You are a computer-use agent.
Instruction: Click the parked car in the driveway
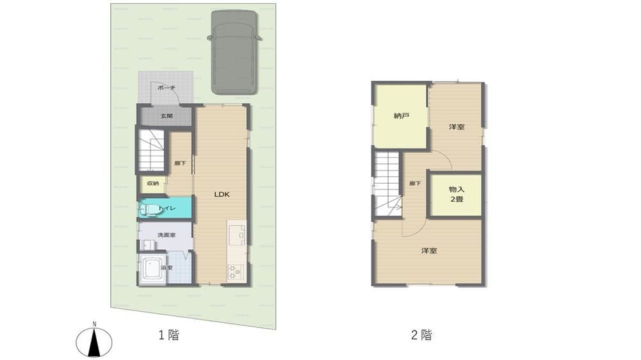pos(234,53)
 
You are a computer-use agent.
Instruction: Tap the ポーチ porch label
pos(167,88)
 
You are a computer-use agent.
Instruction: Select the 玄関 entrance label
pos(167,116)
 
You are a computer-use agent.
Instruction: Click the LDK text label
pos(222,194)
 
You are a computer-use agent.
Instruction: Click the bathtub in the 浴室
pos(153,269)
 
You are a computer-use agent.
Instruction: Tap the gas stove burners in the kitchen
pos(235,272)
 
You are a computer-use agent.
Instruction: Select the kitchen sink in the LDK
pos(237,235)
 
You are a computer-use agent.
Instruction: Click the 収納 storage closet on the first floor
pos(153,184)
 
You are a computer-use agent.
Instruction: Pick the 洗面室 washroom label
pos(167,235)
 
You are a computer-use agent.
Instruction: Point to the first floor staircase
pos(151,151)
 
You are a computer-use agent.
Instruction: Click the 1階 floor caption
pos(169,335)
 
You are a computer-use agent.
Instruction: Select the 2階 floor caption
pos(422,335)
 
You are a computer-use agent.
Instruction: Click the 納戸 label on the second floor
pos(401,116)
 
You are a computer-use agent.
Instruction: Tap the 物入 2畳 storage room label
pos(456,195)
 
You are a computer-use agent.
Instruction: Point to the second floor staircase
pos(387,183)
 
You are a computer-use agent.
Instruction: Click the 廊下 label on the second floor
pos(415,183)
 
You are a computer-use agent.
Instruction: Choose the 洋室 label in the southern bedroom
pos(429,250)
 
